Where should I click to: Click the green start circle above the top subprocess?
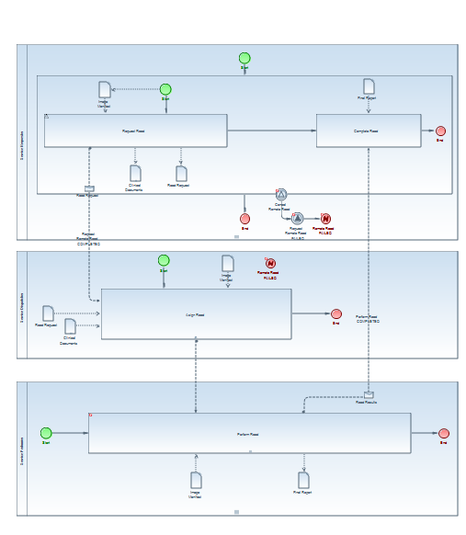[x=244, y=58]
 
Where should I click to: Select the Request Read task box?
[x=135, y=131]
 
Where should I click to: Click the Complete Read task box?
[x=368, y=131]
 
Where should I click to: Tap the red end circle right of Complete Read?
[x=441, y=131]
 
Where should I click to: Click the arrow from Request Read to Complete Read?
[x=271, y=131]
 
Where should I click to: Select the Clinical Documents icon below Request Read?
[x=135, y=172]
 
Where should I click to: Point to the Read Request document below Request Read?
[x=182, y=173]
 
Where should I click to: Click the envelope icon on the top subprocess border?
[x=89, y=189]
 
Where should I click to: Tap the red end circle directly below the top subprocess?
[x=244, y=219]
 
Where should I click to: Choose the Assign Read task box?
[x=196, y=314]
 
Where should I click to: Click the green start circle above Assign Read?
[x=164, y=260]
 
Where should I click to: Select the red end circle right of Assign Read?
[x=336, y=314]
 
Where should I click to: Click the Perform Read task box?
[x=249, y=433]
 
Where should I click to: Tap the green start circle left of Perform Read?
[x=46, y=433]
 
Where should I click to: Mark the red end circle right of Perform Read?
[x=444, y=433]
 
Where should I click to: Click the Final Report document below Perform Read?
[x=303, y=479]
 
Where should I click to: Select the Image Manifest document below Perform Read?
[x=196, y=479]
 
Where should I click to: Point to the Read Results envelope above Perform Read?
[x=368, y=395]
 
